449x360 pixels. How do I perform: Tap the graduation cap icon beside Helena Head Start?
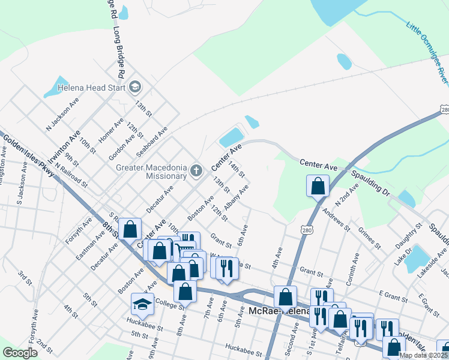tap(135, 88)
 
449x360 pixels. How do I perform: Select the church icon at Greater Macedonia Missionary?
tap(196, 172)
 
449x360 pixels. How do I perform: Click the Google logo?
tap(20, 353)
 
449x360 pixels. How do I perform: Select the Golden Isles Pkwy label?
tap(28, 155)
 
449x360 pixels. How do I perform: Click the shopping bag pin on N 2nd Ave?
tap(318, 187)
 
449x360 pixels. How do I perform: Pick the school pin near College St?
tap(142, 305)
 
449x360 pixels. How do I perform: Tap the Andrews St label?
tap(337, 219)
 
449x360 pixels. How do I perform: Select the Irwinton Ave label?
tap(64, 147)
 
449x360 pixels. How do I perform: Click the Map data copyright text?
tap(423, 355)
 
